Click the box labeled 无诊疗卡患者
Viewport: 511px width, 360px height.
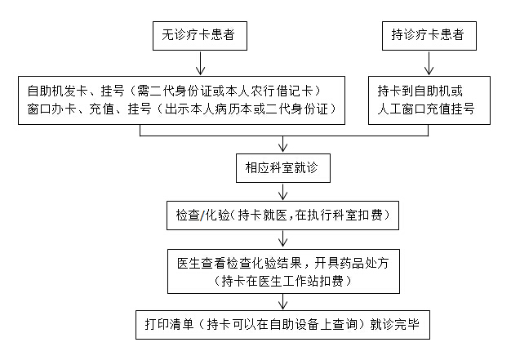click(199, 35)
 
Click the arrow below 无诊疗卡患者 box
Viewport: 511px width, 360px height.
click(199, 64)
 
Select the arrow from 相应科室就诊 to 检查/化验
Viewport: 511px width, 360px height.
click(282, 192)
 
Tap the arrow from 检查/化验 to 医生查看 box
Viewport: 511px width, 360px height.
click(282, 238)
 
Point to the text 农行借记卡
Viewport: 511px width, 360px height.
click(286, 89)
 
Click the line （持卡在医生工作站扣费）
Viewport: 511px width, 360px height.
click(282, 282)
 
